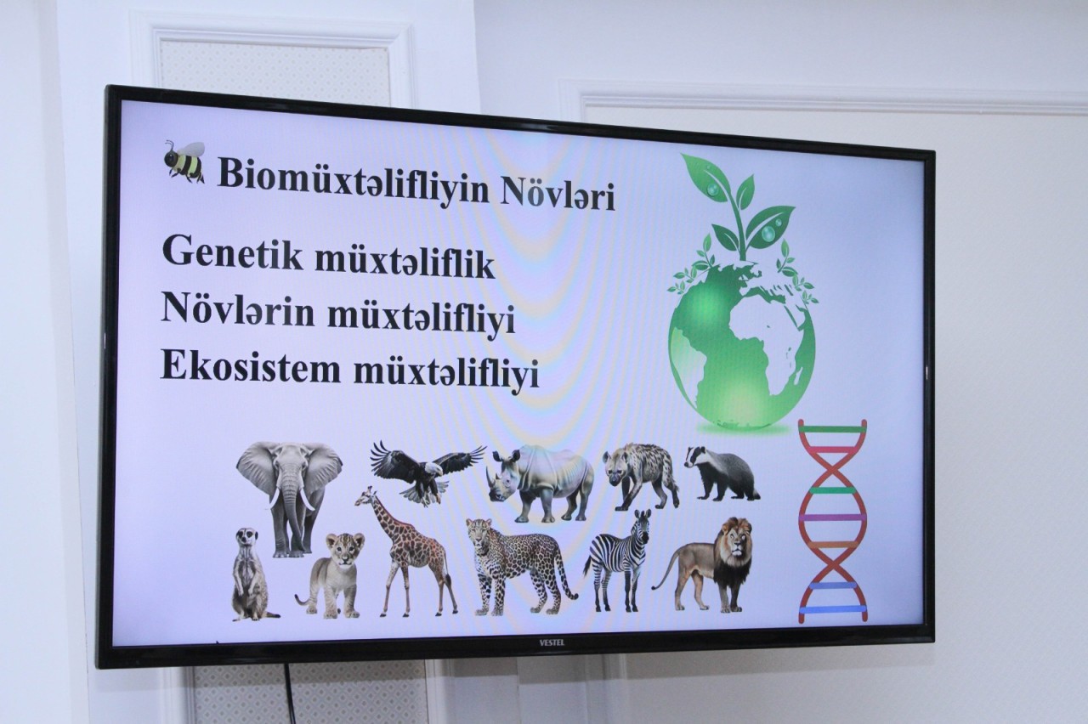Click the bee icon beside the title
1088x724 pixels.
(184, 161)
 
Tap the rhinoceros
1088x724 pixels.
(541, 482)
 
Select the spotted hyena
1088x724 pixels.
(640, 475)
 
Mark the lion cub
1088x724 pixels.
(331, 575)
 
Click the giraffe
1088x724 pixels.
(406, 551)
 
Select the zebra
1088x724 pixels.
(620, 560)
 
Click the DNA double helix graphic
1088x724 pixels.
(832, 521)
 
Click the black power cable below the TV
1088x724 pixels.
(290, 694)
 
